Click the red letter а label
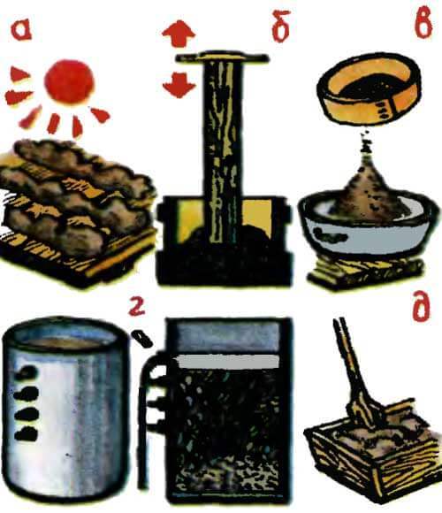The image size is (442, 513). click(25, 33)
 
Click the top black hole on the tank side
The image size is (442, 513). click(29, 372)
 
